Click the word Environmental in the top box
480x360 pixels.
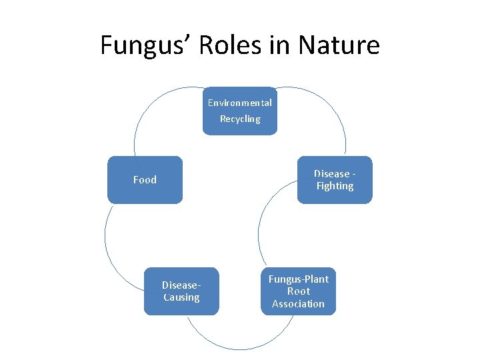click(239, 103)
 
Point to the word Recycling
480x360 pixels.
click(240, 119)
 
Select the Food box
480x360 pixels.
click(145, 179)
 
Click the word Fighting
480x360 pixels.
click(335, 186)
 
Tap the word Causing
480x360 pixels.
click(181, 297)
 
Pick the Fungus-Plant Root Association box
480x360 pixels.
click(298, 291)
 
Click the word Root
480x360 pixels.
click(298, 291)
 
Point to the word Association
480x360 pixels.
click(298, 303)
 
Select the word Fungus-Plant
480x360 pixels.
click(298, 279)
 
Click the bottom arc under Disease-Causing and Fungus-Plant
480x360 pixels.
click(240, 347)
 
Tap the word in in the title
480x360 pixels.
click(278, 45)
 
